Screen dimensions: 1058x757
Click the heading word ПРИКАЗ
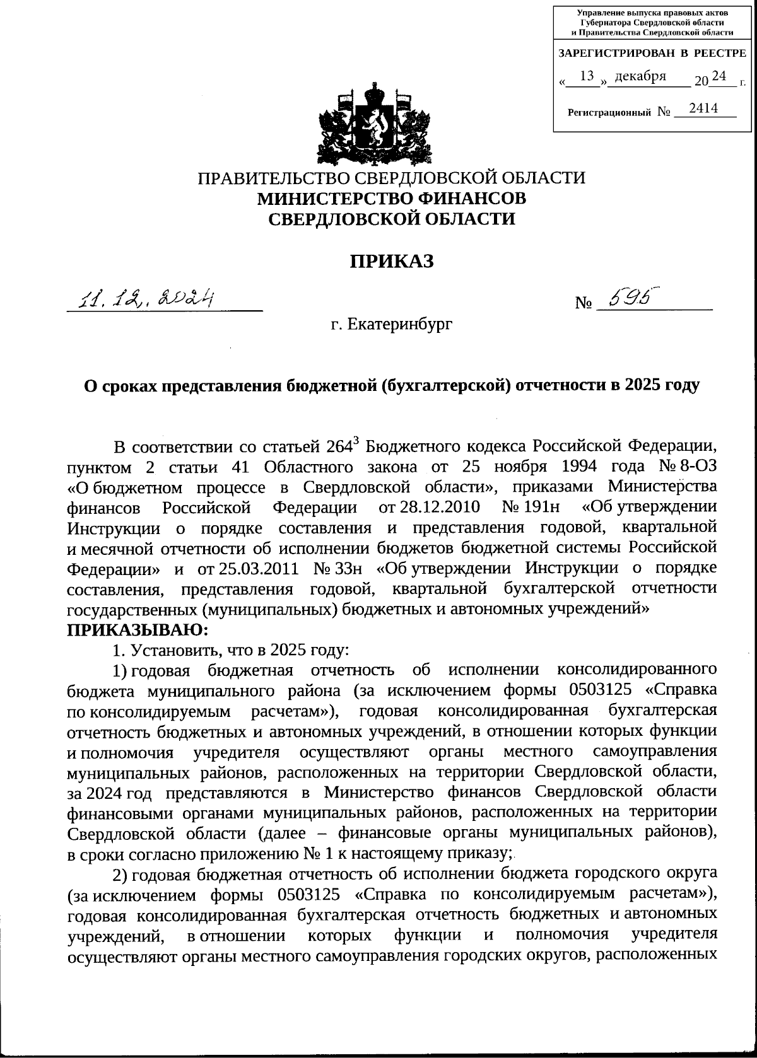point(392,260)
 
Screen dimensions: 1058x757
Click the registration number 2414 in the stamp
point(703,108)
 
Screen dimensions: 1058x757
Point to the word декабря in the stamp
point(640,76)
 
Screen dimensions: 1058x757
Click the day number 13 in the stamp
point(587,76)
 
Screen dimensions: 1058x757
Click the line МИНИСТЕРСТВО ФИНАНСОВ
point(391,198)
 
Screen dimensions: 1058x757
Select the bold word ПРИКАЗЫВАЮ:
point(137,629)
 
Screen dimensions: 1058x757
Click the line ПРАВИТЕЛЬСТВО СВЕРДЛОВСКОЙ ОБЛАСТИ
point(392,177)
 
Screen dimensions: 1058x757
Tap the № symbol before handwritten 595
point(584,304)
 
